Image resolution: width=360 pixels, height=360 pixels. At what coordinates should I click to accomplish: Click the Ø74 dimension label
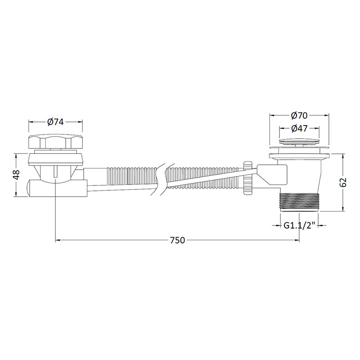pos(55,122)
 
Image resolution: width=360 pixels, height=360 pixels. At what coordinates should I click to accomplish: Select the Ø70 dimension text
pos(299,116)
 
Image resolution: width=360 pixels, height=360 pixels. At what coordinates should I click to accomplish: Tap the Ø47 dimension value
pos(299,128)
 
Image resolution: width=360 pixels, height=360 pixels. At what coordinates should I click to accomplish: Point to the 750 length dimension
pos(177,240)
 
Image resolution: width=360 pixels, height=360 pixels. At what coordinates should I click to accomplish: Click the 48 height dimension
pos(17,175)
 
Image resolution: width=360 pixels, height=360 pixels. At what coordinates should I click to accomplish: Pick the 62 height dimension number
pos(343,183)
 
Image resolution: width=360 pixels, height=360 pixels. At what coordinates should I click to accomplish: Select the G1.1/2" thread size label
pos(299,225)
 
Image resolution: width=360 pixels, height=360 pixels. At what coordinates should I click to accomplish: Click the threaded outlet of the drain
pos(299,202)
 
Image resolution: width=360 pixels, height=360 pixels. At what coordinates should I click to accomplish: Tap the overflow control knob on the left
pos(55,142)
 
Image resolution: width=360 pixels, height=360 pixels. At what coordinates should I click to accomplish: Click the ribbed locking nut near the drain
pos(248,178)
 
